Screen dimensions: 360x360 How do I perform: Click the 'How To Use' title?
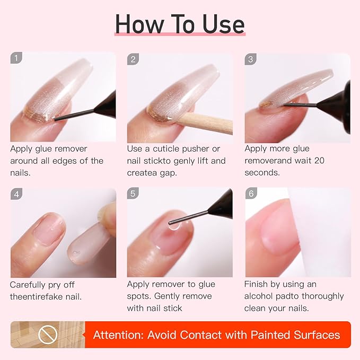[180, 24]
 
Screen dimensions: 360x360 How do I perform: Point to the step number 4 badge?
[17, 194]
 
